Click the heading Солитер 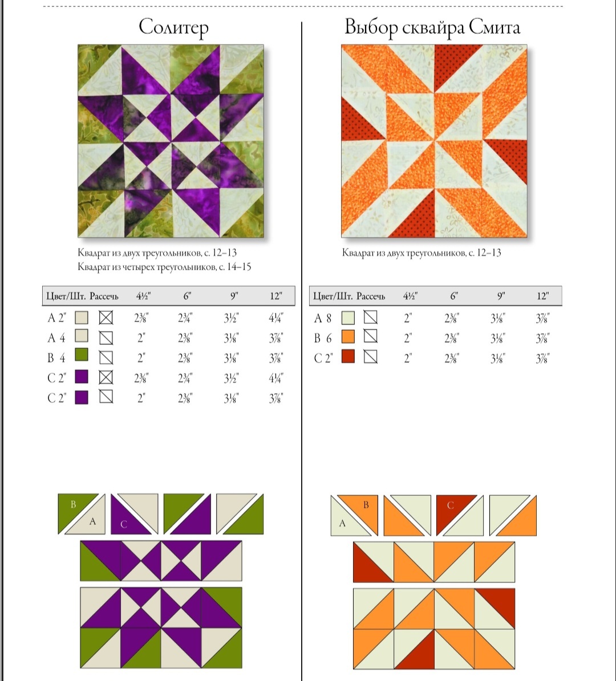click(173, 27)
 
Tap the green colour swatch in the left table click(82, 355)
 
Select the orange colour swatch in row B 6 click(348, 337)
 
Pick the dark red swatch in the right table click(348, 357)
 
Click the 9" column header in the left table click(234, 296)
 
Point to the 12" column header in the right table click(542, 296)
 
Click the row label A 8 click(323, 319)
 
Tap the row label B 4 click(56, 358)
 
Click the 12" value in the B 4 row click(276, 358)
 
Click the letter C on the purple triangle click(123, 524)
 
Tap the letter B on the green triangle click(73, 504)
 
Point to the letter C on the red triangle click(451, 505)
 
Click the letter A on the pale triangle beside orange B click(342, 523)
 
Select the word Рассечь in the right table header click(371, 296)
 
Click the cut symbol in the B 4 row click(106, 357)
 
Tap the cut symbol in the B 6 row click(370, 336)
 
